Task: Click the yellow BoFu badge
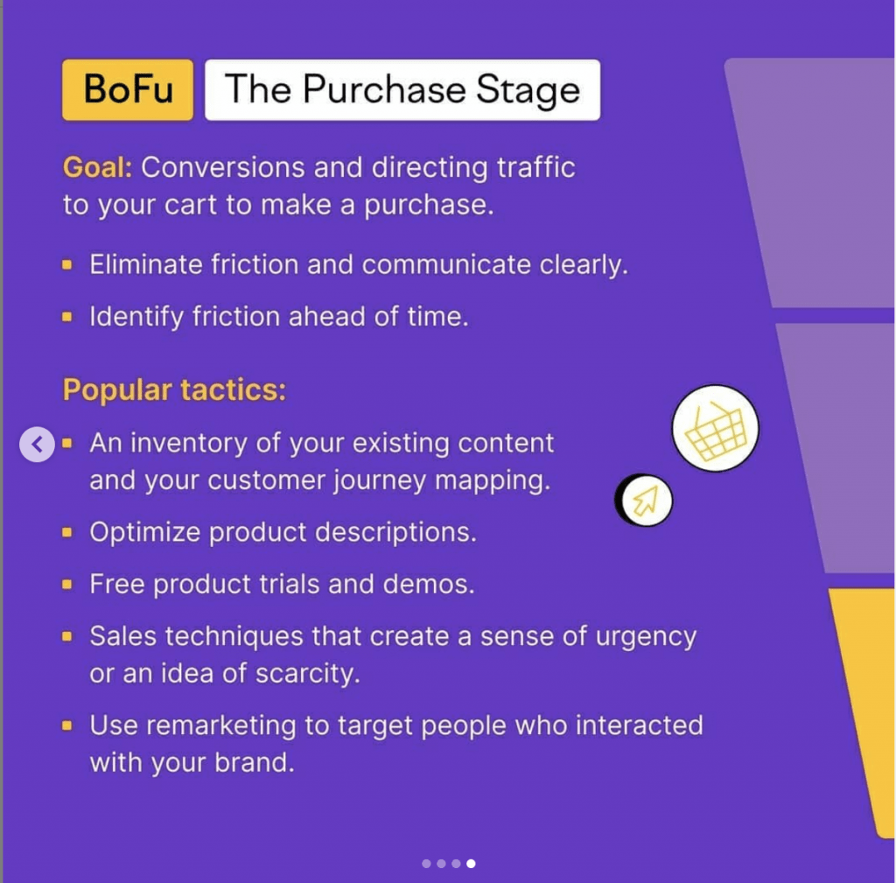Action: point(128,90)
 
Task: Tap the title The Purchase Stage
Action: point(402,90)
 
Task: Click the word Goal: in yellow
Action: point(97,168)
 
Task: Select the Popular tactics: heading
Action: point(174,389)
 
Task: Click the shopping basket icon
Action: point(716,428)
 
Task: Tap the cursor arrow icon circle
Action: point(646,501)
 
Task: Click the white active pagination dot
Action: point(471,864)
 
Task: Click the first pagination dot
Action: point(426,864)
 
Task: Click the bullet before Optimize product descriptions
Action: point(67,533)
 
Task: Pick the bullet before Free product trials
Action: point(67,585)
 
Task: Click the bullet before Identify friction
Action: point(67,317)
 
